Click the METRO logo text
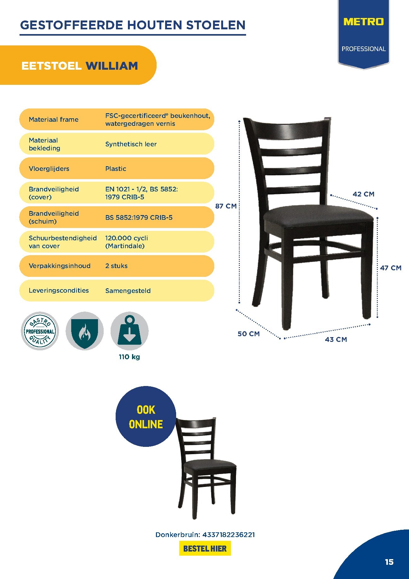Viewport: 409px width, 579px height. [x=363, y=22]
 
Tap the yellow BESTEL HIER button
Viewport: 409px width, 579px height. [x=205, y=548]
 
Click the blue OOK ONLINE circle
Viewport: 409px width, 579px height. [x=146, y=417]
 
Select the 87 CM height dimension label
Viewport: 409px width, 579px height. [x=226, y=206]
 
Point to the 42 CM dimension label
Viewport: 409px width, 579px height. [x=363, y=194]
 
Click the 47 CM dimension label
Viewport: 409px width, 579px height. [x=391, y=268]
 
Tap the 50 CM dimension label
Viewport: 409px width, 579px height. [x=249, y=334]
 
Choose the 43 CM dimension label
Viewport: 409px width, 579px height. [x=336, y=340]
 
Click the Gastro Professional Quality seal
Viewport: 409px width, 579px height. [x=40, y=331]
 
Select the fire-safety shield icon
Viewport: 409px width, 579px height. [x=84, y=331]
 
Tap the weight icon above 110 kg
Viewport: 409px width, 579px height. [x=129, y=331]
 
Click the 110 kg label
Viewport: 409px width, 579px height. [x=129, y=357]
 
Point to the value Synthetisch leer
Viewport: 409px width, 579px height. [x=131, y=144]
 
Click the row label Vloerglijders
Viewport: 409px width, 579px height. [x=49, y=169]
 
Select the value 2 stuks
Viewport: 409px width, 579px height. [x=116, y=266]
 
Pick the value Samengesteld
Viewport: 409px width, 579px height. [x=128, y=291]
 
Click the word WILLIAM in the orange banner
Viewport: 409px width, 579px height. [x=112, y=66]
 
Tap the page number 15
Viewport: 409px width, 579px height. [x=389, y=562]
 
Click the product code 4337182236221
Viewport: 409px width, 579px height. [x=228, y=535]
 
